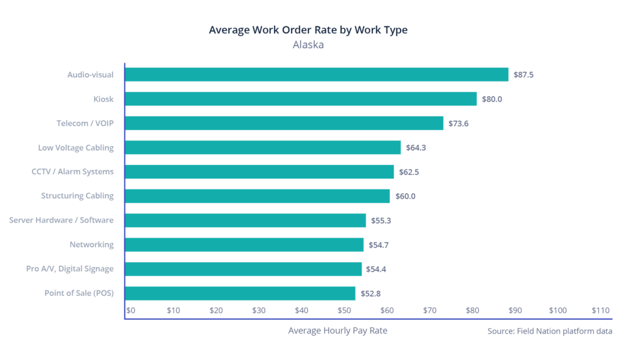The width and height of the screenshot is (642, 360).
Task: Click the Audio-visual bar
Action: (x=317, y=75)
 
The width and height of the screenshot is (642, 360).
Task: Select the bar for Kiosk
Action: (x=301, y=99)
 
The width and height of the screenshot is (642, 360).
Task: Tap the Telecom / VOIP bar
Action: (x=284, y=124)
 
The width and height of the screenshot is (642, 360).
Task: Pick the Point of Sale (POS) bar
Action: (x=240, y=293)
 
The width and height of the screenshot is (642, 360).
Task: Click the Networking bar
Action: (x=245, y=245)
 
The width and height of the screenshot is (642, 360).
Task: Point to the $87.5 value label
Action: (x=523, y=75)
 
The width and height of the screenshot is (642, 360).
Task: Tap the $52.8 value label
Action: (x=370, y=294)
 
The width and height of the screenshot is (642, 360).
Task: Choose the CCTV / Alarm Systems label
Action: (x=73, y=172)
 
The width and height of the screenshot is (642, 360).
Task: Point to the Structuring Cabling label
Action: (x=77, y=196)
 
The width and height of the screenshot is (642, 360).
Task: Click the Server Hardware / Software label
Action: (x=61, y=220)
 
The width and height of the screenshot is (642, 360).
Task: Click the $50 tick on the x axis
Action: (x=344, y=310)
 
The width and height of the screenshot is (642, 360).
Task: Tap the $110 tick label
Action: (x=600, y=310)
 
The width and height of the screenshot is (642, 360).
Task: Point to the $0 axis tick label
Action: (x=131, y=310)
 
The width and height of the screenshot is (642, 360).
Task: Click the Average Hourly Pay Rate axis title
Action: (x=337, y=331)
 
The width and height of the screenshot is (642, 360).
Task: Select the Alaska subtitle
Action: (x=308, y=45)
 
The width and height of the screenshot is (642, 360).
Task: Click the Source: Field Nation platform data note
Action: (x=550, y=331)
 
